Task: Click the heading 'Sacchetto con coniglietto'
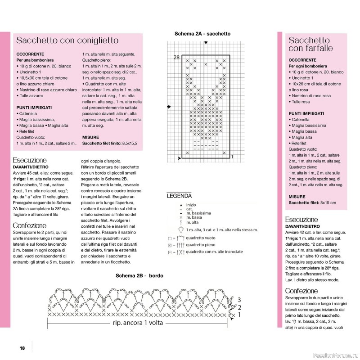point(67,40)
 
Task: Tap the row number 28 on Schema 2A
point(176,57)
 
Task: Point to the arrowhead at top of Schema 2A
point(205,43)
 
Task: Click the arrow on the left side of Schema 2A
point(169,107)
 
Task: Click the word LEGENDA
point(179,196)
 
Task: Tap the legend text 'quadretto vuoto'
point(201,237)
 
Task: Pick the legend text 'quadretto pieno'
point(201,245)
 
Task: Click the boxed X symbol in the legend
point(169,245)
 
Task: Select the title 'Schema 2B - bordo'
point(139,275)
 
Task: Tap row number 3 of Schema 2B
point(239,300)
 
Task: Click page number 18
point(22,348)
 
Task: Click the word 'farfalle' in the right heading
point(317,48)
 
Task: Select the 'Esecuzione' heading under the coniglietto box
point(30,160)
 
